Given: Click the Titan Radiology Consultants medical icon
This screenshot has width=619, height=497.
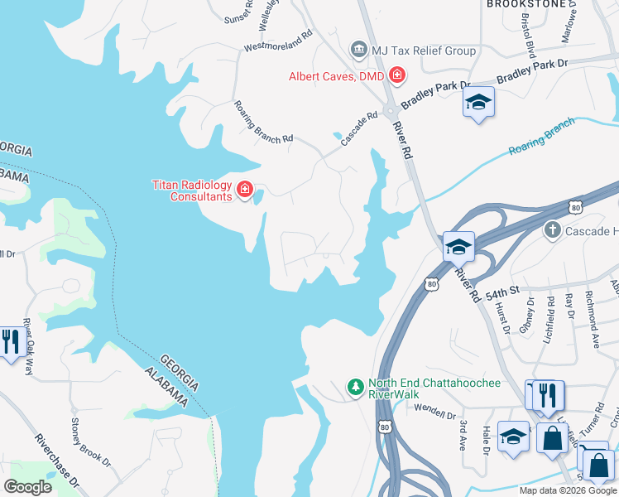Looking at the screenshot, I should click(x=244, y=191).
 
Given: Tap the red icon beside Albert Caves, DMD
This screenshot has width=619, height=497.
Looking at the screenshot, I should click(x=397, y=76).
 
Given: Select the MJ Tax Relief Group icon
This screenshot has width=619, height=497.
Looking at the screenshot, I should click(x=359, y=51).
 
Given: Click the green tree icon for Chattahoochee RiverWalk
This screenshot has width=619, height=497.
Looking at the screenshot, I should click(x=355, y=387).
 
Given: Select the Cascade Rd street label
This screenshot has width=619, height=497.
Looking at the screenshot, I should click(x=360, y=131).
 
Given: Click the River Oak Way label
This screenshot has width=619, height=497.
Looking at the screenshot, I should click(x=28, y=346).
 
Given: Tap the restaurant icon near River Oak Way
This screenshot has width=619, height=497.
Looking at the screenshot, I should click(x=10, y=341).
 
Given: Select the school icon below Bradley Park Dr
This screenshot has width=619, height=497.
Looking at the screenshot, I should click(x=477, y=104).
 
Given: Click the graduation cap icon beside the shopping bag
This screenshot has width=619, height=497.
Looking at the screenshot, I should click(x=514, y=436).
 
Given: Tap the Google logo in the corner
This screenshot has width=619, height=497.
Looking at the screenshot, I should click(x=27, y=487).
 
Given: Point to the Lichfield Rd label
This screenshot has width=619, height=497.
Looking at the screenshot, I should click(x=550, y=316).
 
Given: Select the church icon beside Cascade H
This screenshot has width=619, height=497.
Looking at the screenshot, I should click(x=553, y=229).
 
